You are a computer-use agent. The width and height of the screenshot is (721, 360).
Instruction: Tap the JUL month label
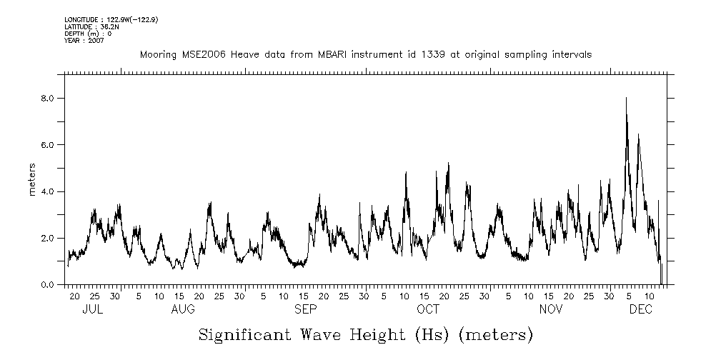point(93,309)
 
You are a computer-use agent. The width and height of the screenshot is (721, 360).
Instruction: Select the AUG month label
point(183,309)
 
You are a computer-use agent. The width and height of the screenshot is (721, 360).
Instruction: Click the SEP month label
point(306,309)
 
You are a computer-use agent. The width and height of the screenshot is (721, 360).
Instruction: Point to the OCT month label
point(428,309)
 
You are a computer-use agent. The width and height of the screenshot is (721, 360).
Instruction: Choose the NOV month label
point(551,309)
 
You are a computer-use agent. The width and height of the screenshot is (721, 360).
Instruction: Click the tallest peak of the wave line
point(626,99)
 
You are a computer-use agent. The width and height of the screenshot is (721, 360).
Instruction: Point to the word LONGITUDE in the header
point(80,20)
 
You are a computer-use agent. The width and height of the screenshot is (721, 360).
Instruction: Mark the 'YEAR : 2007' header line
point(84,40)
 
